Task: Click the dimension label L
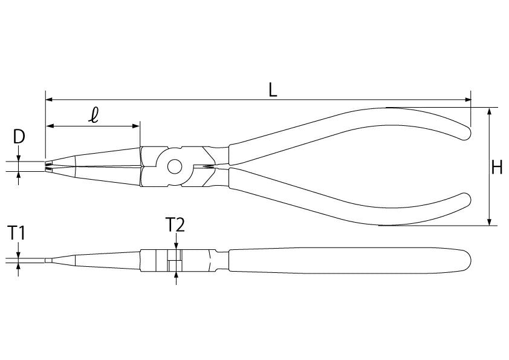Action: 273,90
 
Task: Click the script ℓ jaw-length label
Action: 94,116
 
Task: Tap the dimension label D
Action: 19,137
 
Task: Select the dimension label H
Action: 497,168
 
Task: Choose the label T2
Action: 175,224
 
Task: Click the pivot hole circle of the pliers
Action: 175,166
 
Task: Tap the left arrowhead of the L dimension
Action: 49,99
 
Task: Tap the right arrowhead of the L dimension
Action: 467,99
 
